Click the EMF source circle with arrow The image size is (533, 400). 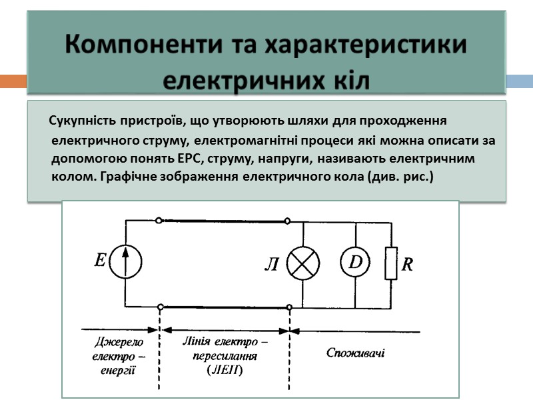[126, 261]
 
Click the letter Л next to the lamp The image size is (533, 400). [272, 265]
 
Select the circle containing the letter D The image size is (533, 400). [356, 263]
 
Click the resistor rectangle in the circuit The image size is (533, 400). [390, 263]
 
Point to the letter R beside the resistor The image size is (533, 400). [406, 265]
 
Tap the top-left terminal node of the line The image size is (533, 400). [158, 221]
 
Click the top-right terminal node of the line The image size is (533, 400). [287, 221]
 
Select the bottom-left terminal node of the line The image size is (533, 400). [160, 307]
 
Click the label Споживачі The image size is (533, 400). [355, 352]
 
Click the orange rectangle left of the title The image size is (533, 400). [13, 81]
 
